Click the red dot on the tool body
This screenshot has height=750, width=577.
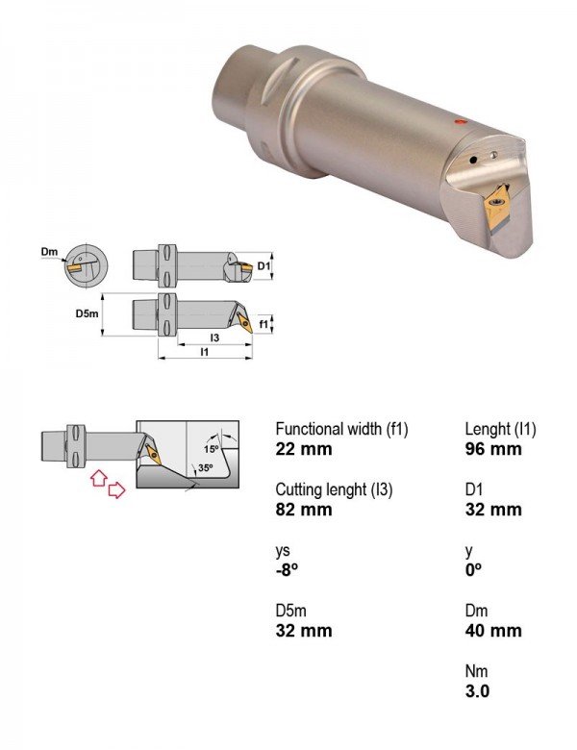(461, 122)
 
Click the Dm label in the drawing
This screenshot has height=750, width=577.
(49, 252)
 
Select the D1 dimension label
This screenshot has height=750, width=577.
(263, 265)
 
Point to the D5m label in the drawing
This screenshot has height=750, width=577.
(87, 313)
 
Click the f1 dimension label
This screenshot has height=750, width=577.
(263, 324)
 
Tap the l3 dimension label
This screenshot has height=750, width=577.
(214, 337)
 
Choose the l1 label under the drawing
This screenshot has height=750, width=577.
(205, 352)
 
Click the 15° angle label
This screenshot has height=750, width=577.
(211, 449)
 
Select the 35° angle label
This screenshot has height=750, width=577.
(205, 468)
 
